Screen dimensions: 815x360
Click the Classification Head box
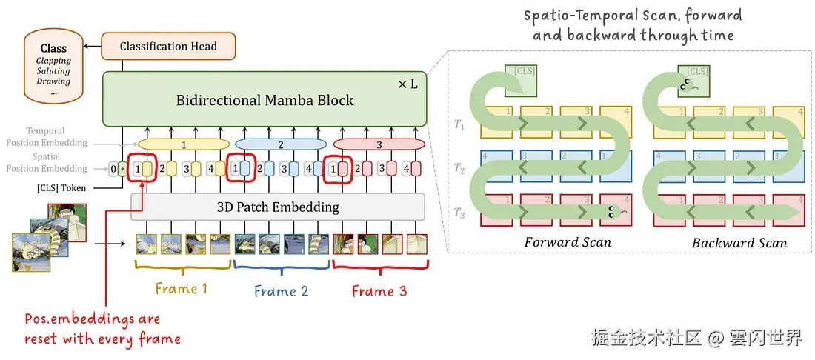click(168, 46)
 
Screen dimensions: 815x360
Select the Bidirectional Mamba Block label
click(265, 100)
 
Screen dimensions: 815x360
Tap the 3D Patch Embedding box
click(278, 207)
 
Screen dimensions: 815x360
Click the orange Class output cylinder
click(54, 66)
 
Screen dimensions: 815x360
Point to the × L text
click(408, 84)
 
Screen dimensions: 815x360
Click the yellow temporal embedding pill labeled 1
click(184, 144)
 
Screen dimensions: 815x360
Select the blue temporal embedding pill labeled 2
click(282, 144)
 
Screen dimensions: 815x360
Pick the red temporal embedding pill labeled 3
click(379, 144)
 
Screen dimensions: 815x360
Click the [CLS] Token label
click(61, 187)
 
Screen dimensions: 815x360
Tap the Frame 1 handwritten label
click(182, 289)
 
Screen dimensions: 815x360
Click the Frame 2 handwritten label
click(282, 290)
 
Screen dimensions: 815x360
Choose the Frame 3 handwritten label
click(379, 291)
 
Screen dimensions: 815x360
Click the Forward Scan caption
click(568, 242)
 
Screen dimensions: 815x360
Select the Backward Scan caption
click(739, 243)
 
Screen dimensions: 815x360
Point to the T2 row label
click(459, 167)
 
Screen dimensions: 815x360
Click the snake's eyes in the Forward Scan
click(612, 210)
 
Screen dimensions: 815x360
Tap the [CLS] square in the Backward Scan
click(694, 80)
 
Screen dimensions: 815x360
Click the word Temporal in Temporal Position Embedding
click(44, 131)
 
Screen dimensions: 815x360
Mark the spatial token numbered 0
click(113, 169)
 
